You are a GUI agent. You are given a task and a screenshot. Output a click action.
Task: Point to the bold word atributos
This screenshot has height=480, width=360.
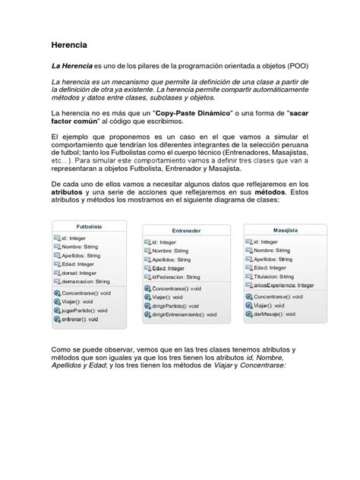click(x=71, y=194)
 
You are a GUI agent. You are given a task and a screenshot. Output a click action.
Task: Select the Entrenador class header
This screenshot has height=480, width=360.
click(x=185, y=230)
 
